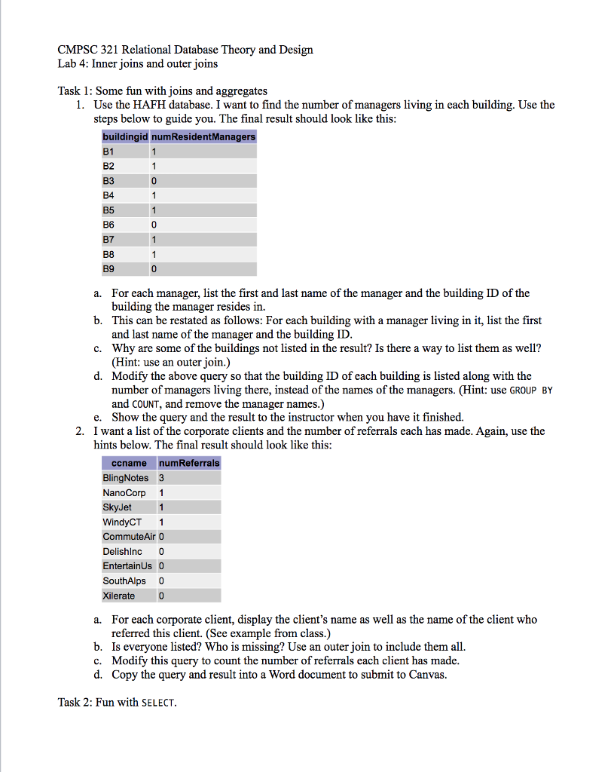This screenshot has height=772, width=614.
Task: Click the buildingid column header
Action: click(125, 137)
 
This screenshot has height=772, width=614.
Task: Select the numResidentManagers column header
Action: click(203, 137)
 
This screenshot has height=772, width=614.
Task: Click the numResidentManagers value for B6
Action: click(154, 225)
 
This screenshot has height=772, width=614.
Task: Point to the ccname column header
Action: click(128, 463)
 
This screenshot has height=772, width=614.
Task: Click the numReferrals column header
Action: click(188, 463)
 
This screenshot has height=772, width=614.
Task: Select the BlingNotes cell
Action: click(125, 478)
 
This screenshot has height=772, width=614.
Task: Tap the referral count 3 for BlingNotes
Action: click(161, 478)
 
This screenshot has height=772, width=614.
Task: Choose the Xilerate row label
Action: click(119, 596)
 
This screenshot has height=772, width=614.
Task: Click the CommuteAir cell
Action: click(127, 537)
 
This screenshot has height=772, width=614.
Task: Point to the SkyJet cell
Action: click(118, 507)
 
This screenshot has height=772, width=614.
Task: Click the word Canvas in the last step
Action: click(426, 674)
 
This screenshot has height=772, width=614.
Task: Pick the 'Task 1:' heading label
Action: click(75, 91)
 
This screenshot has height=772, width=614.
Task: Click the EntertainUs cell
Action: click(127, 566)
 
